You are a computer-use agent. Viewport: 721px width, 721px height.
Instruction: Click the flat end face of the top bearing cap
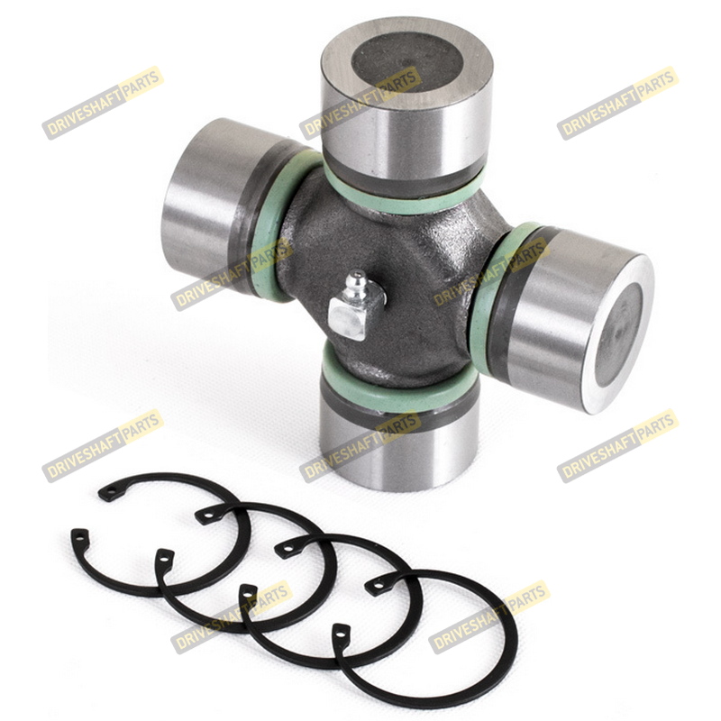407,63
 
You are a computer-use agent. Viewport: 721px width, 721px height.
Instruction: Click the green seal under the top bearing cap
404,193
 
